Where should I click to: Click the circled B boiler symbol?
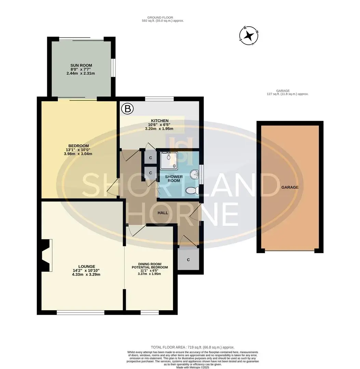click(128, 109)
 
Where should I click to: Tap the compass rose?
click(249, 36)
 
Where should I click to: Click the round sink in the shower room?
click(195, 175)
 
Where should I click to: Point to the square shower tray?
click(169, 161)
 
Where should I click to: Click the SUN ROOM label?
click(81, 65)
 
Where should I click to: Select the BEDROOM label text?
click(79, 146)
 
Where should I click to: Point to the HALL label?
click(163, 213)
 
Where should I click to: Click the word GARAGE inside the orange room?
click(290, 187)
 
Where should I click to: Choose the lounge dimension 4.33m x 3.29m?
click(86, 274)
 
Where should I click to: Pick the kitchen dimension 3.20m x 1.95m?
click(159, 129)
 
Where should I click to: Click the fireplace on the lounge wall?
click(46, 256)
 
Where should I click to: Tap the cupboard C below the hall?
click(188, 260)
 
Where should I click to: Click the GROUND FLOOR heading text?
click(160, 17)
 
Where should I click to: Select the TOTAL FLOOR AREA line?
click(192, 347)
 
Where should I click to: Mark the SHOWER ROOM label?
click(174, 179)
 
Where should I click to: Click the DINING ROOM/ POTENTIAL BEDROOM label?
click(150, 265)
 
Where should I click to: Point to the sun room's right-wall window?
click(113, 67)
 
